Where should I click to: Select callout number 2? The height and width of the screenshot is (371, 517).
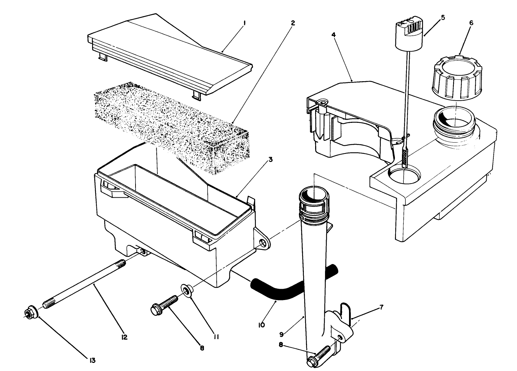293,23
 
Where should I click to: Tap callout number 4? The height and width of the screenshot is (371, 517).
333,35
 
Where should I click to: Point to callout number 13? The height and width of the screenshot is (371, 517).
92,360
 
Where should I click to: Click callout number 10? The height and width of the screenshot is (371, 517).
261,324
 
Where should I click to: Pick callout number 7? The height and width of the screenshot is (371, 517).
381,307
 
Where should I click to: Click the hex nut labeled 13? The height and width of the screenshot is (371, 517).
30,313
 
